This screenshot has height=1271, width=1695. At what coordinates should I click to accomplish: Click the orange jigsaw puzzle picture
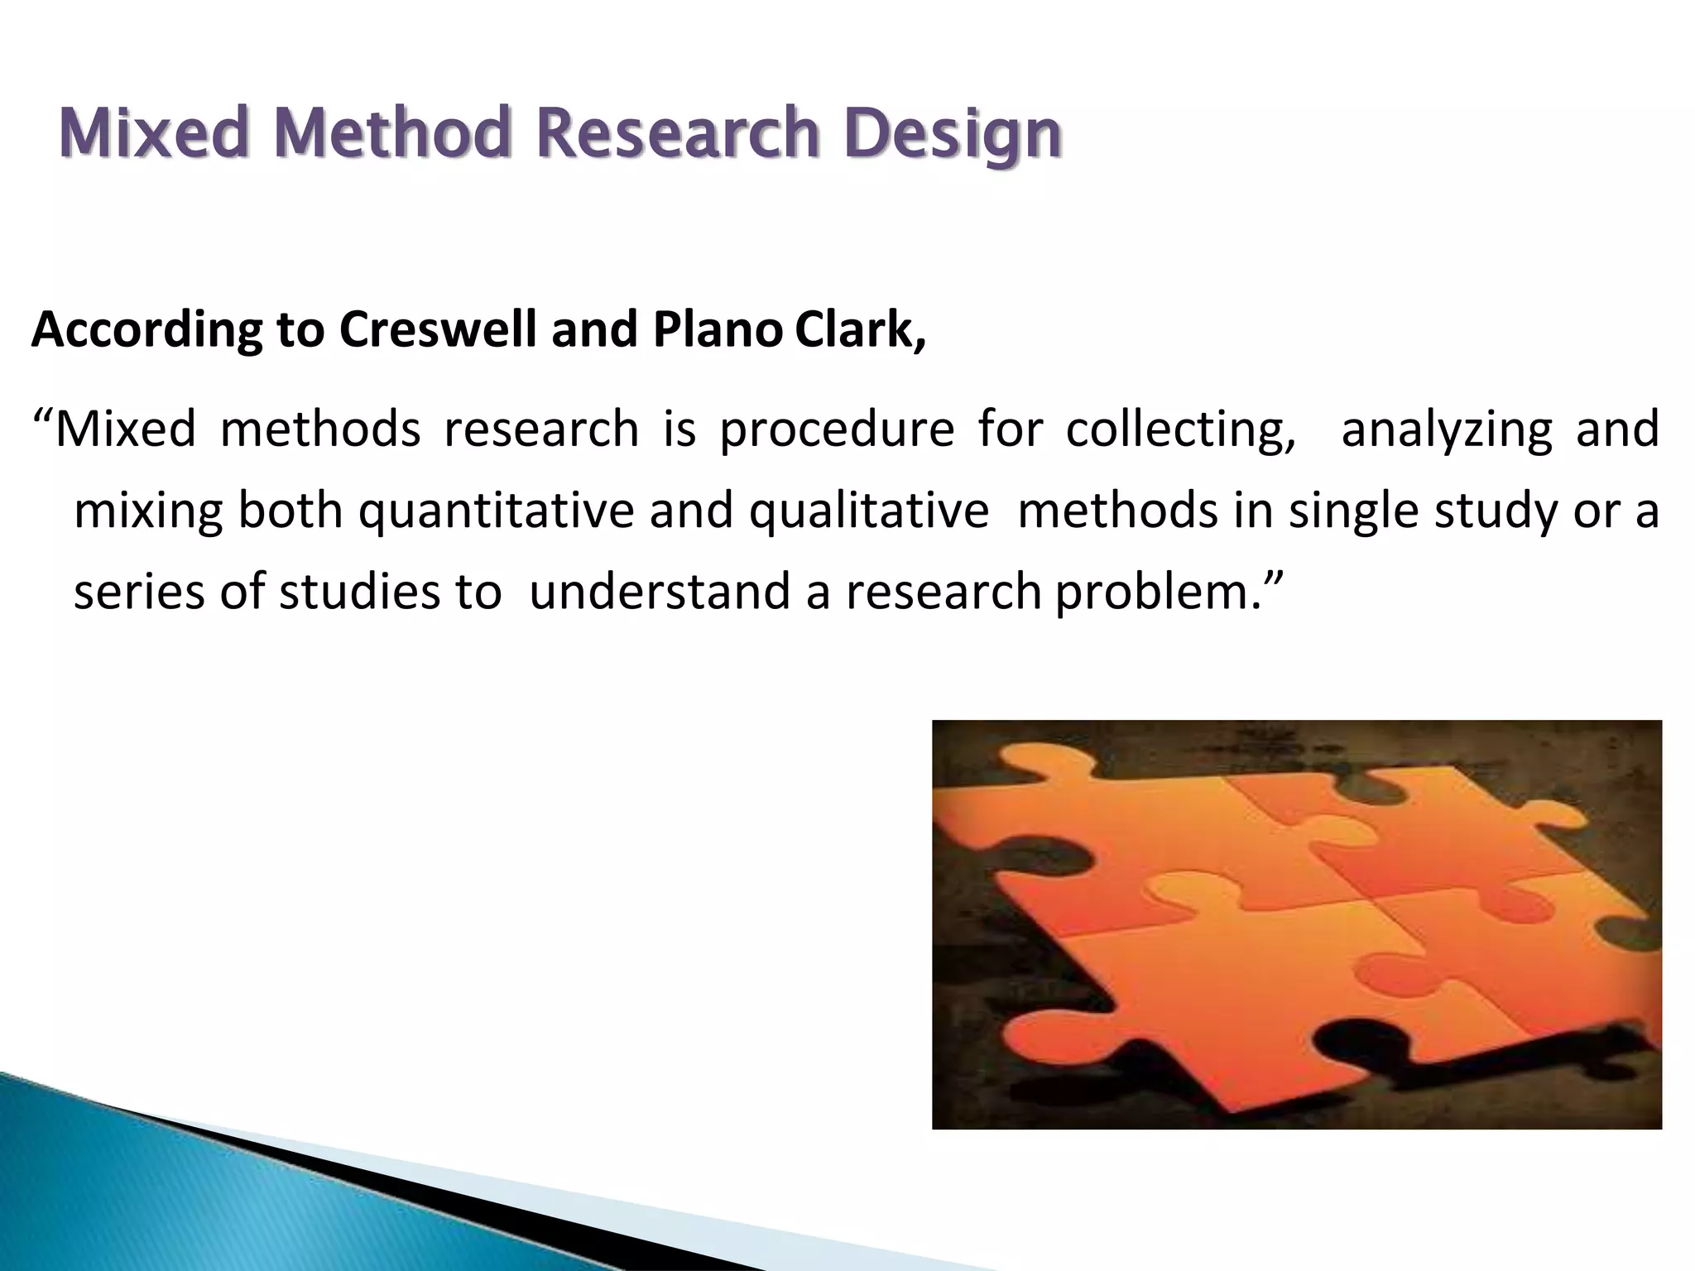pyautogui.click(x=1296, y=924)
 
